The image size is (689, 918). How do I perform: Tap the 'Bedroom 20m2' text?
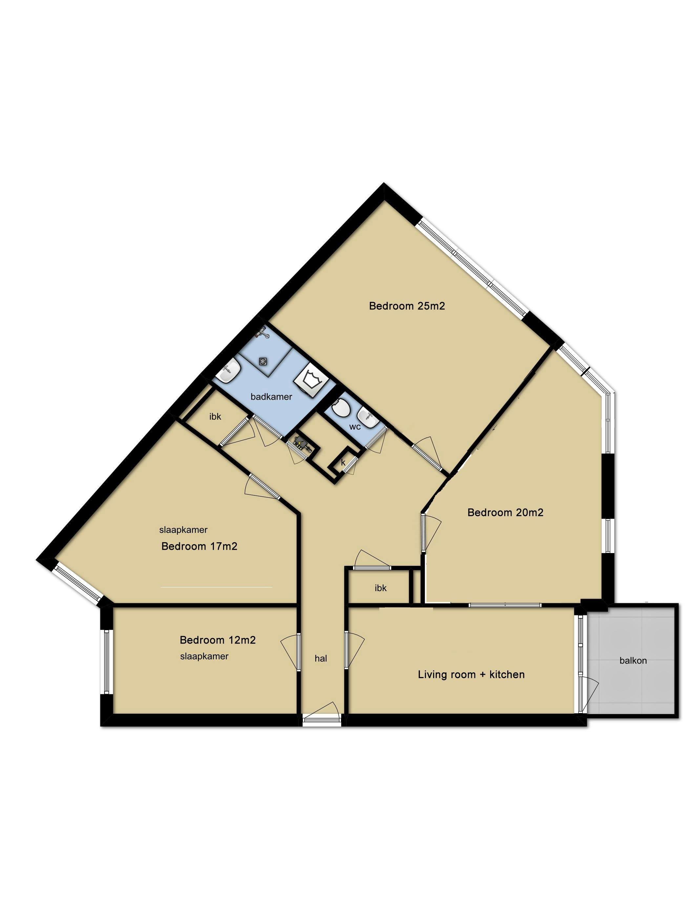pyautogui.click(x=505, y=512)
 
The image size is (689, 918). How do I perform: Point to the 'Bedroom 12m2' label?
pyautogui.click(x=217, y=640)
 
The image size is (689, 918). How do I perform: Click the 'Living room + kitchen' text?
pyautogui.click(x=471, y=674)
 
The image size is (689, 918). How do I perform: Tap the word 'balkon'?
pyautogui.click(x=633, y=660)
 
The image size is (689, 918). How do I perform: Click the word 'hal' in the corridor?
pyautogui.click(x=321, y=658)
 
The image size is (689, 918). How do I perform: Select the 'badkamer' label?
pyautogui.click(x=271, y=397)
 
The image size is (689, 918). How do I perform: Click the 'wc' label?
pyautogui.click(x=355, y=427)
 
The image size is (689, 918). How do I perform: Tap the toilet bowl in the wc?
pyautogui.click(x=342, y=408)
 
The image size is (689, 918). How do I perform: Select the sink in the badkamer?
pyautogui.click(x=228, y=370)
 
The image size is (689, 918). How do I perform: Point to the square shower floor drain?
pyautogui.click(x=263, y=362)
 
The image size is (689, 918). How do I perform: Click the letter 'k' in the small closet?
pyautogui.click(x=343, y=462)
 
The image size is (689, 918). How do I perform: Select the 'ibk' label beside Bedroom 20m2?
pyautogui.click(x=380, y=588)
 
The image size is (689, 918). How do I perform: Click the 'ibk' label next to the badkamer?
pyautogui.click(x=215, y=416)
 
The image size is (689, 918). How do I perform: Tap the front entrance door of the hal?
pyautogui.click(x=322, y=720)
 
